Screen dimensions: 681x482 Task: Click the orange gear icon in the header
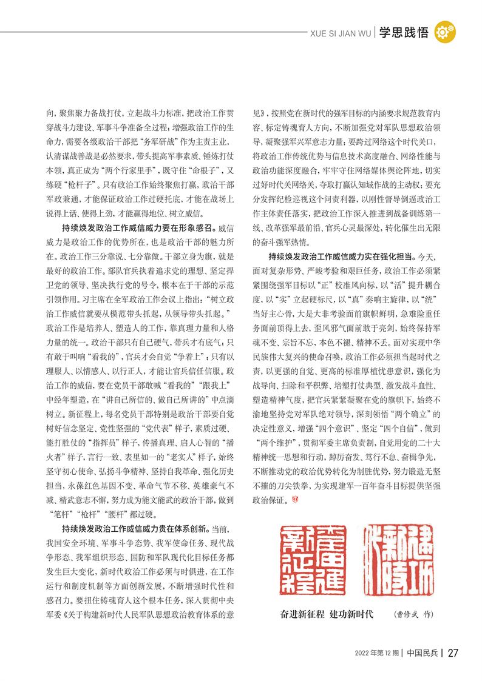pos(446,32)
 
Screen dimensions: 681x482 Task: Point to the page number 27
pos(452,653)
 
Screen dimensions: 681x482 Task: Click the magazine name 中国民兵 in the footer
pos(422,653)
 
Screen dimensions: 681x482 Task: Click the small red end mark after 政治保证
pos(296,500)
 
